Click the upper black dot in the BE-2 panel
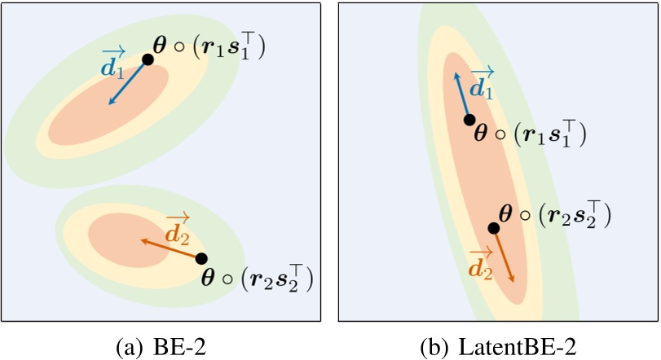[148, 59]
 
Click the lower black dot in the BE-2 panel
[201, 258]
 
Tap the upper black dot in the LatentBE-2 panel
[469, 120]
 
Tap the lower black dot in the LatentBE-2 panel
[493, 228]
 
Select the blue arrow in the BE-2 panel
[128, 82]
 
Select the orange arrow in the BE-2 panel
[171, 248]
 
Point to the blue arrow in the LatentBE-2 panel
[462, 96]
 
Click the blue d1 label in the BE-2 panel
[112, 64]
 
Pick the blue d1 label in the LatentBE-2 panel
[482, 84]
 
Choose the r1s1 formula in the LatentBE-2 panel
[530, 134]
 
